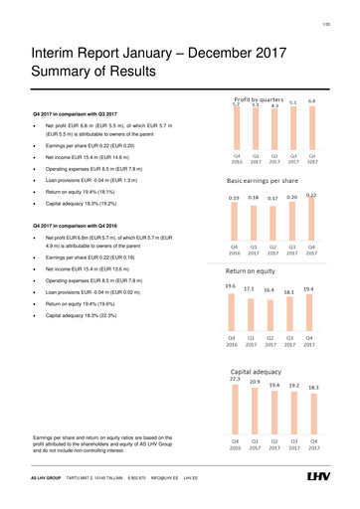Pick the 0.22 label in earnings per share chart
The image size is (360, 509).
(312, 195)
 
